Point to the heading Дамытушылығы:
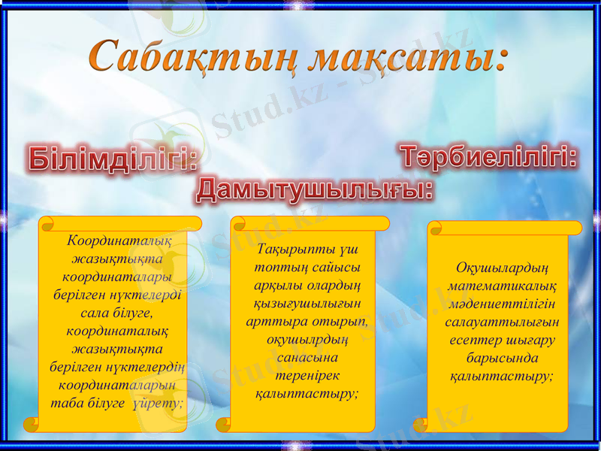pos(315,189)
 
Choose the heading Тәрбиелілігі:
pos(488,158)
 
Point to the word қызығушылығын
pos(306,303)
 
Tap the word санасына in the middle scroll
pos(306,357)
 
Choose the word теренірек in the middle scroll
pos(306,374)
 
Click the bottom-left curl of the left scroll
pos(32,425)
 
